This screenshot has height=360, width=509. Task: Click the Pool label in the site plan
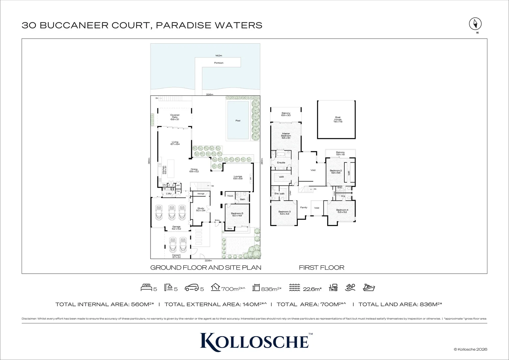[x=238, y=121]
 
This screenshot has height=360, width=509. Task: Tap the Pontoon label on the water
[x=219, y=63]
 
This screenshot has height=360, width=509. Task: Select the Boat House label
[x=338, y=120]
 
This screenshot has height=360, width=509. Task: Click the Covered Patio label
[x=175, y=117]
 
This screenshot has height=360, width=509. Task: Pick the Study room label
[x=201, y=209]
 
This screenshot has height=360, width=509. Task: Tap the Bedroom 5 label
[x=238, y=214]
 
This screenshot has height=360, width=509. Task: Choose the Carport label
[x=176, y=256]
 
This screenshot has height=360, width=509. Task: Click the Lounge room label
[x=238, y=178]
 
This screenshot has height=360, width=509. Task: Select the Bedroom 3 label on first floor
[x=284, y=213]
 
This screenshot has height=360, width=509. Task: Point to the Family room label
[x=304, y=207]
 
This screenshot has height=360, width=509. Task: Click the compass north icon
[x=475, y=24]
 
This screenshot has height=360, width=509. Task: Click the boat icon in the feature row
[x=369, y=287]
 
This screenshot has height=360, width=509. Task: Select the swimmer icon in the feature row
[x=350, y=287]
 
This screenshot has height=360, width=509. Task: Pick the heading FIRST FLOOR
[x=321, y=268]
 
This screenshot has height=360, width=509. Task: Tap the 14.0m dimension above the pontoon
[x=219, y=56]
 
